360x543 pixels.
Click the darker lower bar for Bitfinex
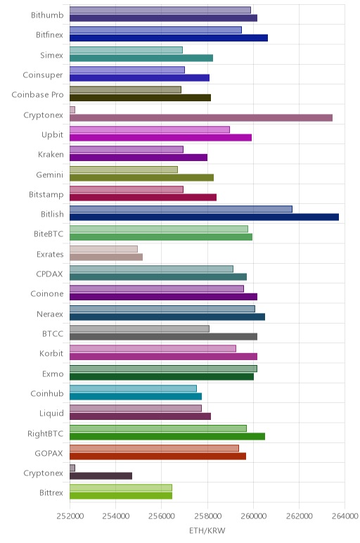click(169, 38)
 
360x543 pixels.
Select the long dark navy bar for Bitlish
click(204, 217)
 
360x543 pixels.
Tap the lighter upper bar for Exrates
click(103, 249)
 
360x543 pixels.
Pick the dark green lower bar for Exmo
click(162, 377)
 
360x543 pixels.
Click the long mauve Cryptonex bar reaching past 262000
click(201, 117)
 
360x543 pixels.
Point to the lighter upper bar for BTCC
click(139, 328)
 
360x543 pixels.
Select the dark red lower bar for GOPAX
click(157, 456)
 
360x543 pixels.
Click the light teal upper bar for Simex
click(126, 50)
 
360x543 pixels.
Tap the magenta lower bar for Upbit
click(160, 137)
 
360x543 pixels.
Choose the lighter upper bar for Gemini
click(124, 170)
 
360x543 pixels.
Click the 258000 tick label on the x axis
click(207, 516)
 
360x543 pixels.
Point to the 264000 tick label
click(345, 516)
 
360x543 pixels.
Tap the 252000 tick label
click(70, 516)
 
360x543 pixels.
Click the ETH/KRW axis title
click(207, 530)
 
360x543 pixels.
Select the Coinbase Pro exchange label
click(37, 94)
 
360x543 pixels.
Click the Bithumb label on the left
click(47, 15)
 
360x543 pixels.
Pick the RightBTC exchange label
click(45, 433)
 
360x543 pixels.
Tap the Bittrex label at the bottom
click(51, 492)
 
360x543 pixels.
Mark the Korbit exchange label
click(51, 353)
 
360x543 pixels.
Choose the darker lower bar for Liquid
click(140, 416)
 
